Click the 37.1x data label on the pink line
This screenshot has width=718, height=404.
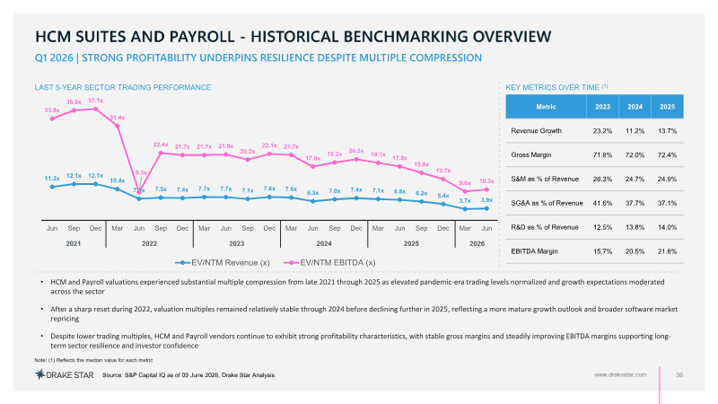(96, 101)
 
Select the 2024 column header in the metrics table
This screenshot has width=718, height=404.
(635, 107)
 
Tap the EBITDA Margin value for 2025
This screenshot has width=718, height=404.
(667, 251)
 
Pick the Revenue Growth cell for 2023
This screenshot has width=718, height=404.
(602, 131)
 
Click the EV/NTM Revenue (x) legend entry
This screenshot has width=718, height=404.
(223, 262)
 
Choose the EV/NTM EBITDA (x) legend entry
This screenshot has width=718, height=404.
(329, 262)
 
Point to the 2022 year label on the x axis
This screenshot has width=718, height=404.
(149, 243)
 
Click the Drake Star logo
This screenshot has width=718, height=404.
(65, 374)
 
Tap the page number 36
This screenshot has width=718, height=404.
(679, 374)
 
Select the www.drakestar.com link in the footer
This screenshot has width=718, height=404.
(620, 374)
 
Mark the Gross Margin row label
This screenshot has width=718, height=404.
(531, 154)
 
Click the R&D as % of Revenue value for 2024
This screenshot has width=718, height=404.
(635, 227)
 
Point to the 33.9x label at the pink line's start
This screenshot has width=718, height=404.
(52, 110)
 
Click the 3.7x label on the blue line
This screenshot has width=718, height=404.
(465, 200)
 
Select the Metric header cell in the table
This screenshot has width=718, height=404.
(546, 107)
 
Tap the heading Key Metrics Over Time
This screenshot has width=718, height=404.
(553, 87)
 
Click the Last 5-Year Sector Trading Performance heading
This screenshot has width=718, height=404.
(123, 87)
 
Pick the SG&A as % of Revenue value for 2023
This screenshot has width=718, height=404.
(602, 203)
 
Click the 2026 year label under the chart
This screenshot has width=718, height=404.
(477, 243)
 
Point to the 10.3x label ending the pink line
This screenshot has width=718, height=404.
(486, 181)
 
